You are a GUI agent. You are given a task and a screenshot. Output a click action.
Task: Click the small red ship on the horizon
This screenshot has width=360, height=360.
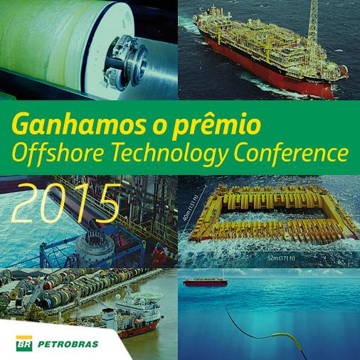click(208, 281)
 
